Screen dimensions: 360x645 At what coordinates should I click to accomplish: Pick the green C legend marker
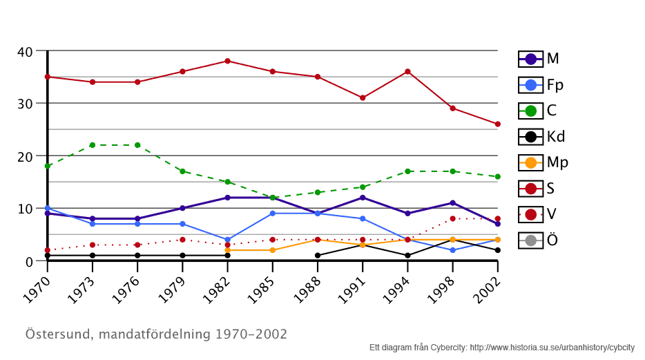(x=531, y=111)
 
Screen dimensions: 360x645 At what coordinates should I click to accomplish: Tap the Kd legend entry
(x=541, y=137)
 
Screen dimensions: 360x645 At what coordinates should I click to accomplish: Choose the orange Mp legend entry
(x=543, y=163)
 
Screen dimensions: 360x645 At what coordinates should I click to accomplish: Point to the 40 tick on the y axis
(x=25, y=52)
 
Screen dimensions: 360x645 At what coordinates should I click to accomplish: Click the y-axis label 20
(x=25, y=157)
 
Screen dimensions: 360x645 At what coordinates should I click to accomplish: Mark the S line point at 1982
(x=227, y=61)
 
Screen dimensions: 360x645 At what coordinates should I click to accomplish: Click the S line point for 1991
(x=363, y=97)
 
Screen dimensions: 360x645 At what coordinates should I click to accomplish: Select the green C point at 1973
(x=92, y=145)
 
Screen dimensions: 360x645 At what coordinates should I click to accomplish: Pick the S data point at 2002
(x=497, y=124)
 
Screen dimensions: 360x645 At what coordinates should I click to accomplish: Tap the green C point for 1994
(x=407, y=171)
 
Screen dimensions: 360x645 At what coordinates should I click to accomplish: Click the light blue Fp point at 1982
(x=227, y=240)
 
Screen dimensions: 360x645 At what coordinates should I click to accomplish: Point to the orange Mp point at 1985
(x=272, y=250)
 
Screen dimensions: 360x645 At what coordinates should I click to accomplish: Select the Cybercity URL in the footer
(x=552, y=348)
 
